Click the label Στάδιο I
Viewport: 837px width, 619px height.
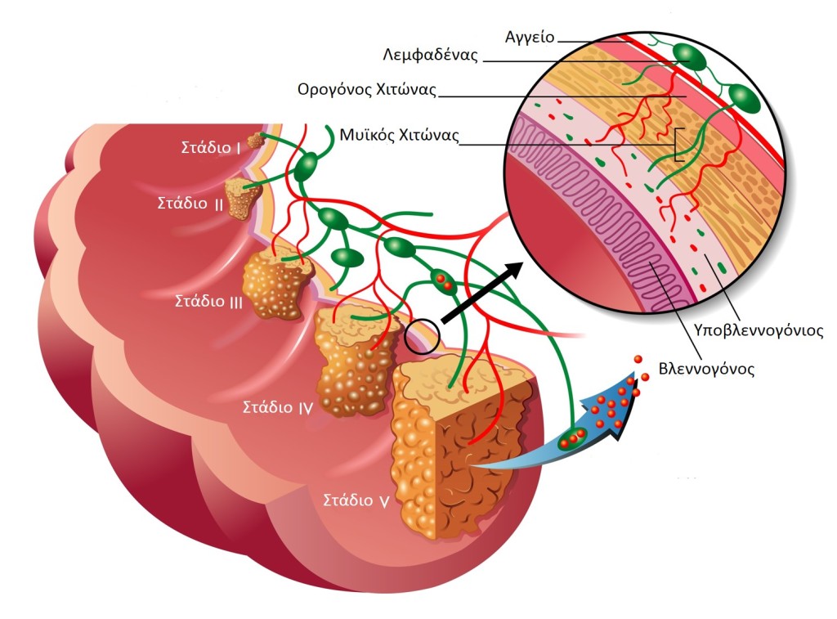point(210,148)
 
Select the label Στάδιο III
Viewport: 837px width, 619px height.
point(208,300)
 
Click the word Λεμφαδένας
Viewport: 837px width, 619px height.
point(430,56)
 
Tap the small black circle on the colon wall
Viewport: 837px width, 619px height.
point(422,335)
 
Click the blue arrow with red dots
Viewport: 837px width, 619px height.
point(601,417)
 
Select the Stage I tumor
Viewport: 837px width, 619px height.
point(257,141)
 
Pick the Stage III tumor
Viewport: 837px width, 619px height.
point(278,286)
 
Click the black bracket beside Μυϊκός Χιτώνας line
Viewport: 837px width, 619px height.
point(678,144)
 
